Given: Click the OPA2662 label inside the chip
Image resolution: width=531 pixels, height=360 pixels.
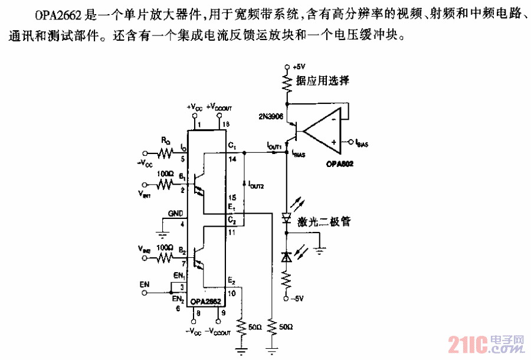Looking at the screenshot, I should [204, 302].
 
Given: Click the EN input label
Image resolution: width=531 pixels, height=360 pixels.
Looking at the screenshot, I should [145, 284].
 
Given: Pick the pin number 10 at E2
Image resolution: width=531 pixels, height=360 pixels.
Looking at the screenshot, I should [231, 292].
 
